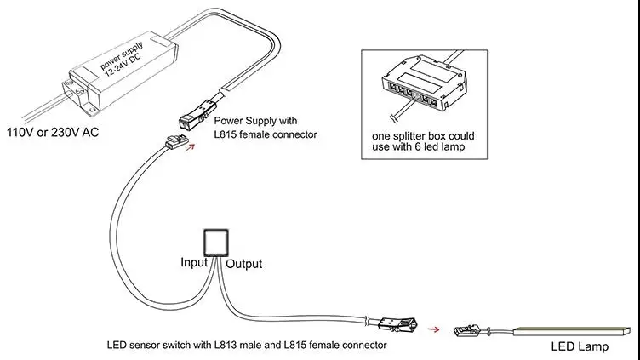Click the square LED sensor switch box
(216, 243)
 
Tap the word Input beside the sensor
(194, 262)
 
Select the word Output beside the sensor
(244, 264)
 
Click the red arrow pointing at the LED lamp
(433, 329)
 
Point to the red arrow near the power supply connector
(190, 147)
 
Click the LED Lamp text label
(580, 347)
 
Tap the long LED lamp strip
(572, 331)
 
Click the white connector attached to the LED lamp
(467, 330)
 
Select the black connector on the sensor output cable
(397, 324)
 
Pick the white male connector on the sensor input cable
(176, 141)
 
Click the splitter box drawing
(425, 83)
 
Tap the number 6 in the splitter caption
(418, 147)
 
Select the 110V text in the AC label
(20, 132)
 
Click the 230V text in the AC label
(65, 132)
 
